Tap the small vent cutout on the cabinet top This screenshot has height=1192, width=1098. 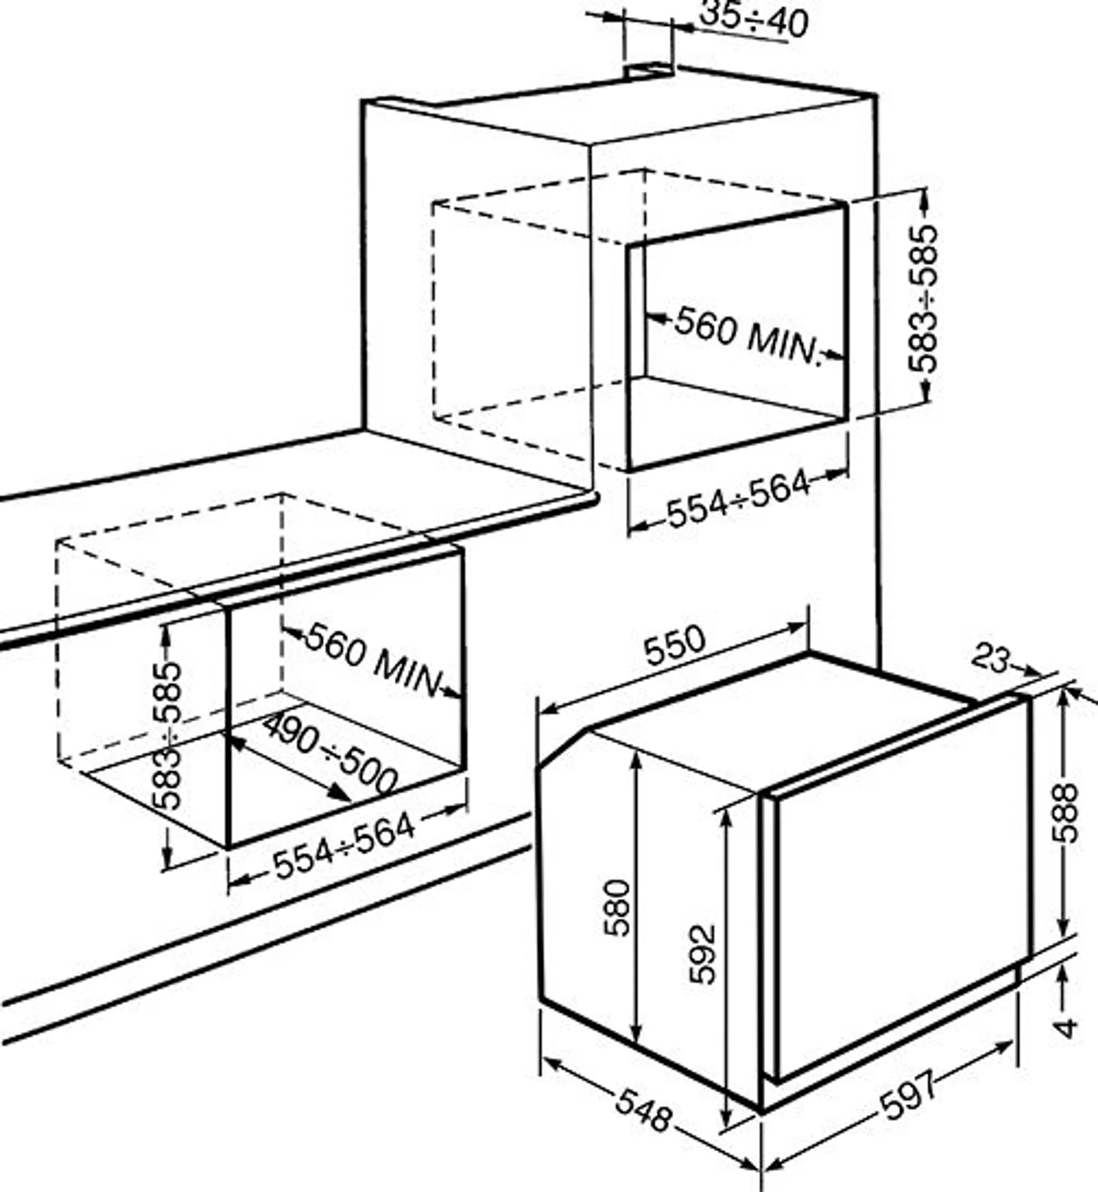tap(649, 70)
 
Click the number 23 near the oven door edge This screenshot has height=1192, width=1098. tap(990, 658)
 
